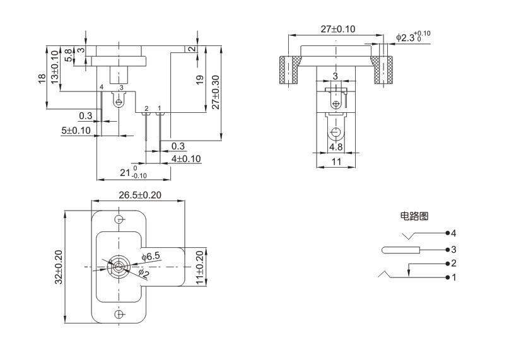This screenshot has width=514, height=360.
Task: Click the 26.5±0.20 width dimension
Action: (x=139, y=195)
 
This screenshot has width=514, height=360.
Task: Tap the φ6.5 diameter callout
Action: (x=151, y=257)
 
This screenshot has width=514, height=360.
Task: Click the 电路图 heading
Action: (x=414, y=216)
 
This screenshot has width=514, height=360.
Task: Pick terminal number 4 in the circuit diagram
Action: (x=453, y=233)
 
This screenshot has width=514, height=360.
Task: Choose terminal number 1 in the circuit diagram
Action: (x=453, y=277)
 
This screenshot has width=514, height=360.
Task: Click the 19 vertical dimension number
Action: (x=201, y=82)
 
